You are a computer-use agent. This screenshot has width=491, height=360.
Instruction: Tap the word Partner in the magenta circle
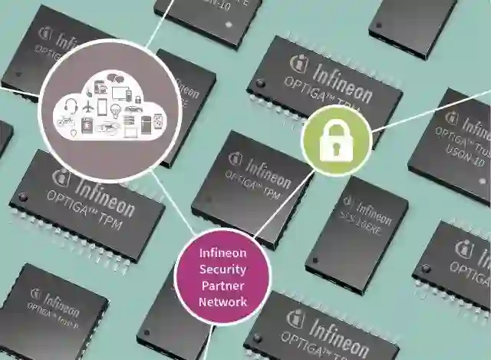[222, 286]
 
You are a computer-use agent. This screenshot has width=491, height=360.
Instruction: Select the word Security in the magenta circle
[222, 269]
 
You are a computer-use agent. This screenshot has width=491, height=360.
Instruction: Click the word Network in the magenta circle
[222, 302]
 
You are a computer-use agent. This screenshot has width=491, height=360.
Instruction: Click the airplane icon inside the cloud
[88, 106]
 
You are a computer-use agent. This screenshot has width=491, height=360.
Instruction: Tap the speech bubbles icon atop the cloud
[113, 78]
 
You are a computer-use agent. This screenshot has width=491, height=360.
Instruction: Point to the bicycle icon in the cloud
[66, 121]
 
